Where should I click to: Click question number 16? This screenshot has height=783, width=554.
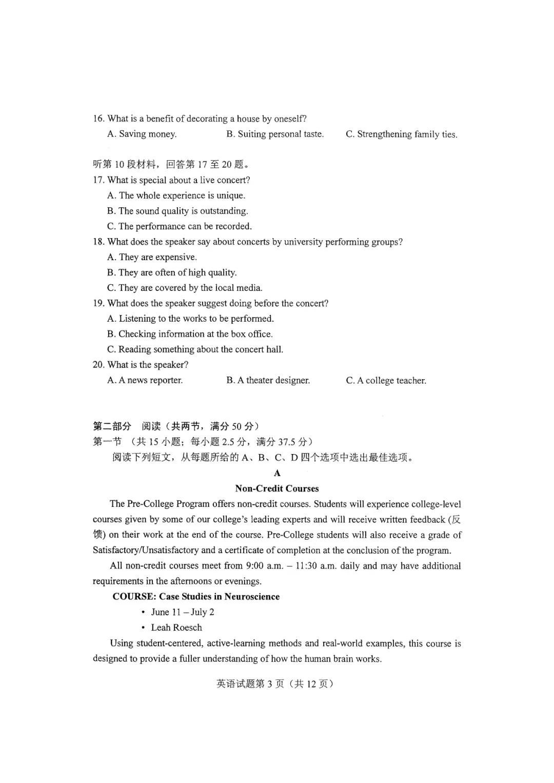point(98,119)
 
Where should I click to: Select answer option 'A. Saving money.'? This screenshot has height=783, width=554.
point(142,134)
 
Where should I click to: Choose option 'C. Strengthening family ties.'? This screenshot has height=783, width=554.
point(401,134)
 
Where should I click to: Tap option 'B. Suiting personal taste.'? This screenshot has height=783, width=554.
point(275,134)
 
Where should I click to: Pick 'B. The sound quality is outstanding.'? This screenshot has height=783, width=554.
point(177,211)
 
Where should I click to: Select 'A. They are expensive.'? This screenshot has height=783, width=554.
point(152,257)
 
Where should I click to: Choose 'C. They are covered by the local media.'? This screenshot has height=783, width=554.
point(185,288)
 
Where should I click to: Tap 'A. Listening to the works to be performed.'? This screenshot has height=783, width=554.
point(190,319)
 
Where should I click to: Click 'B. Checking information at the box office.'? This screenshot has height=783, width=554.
point(190,334)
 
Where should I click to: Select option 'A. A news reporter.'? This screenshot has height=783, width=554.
point(145,380)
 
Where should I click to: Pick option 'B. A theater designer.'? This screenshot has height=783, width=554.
point(268,380)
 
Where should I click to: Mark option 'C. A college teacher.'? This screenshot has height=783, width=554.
point(386,381)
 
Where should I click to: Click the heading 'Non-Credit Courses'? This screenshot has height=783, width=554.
point(277,488)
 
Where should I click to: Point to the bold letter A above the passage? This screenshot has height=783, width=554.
point(277,473)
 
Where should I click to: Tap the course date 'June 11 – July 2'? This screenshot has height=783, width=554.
point(183,612)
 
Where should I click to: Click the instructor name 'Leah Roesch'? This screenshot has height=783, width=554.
point(176,628)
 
